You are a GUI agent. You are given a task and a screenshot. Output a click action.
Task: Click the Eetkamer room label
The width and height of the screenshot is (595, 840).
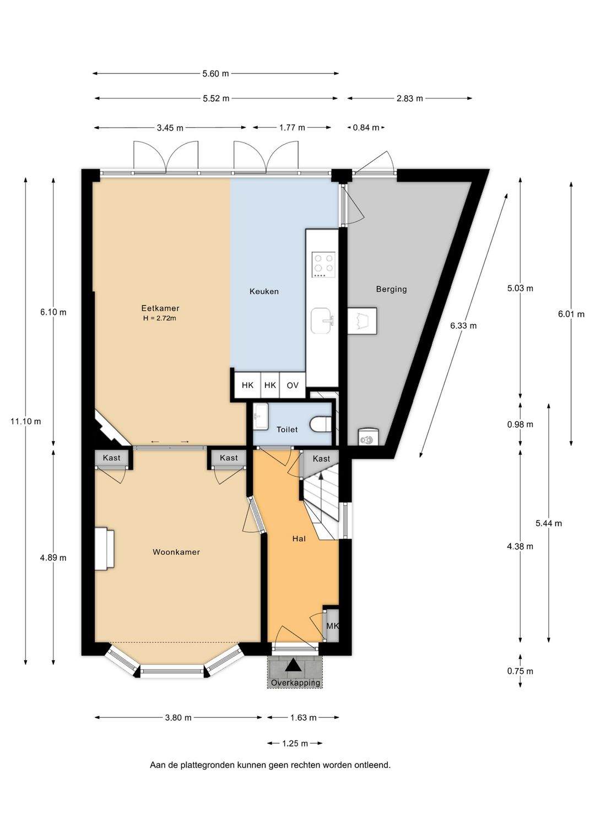160,308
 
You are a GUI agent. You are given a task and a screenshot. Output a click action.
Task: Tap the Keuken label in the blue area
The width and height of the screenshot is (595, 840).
264,291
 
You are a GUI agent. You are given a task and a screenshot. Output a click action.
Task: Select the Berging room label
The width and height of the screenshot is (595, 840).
391,289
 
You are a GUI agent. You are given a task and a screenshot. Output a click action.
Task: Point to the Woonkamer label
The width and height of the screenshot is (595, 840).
176,552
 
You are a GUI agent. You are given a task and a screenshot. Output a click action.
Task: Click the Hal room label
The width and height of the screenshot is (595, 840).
299,538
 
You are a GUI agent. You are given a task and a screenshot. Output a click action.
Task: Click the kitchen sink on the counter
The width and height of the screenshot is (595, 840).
322,320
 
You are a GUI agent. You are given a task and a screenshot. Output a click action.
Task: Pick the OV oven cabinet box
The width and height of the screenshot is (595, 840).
293,385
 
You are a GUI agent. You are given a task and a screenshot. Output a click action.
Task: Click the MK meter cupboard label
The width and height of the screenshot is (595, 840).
333,626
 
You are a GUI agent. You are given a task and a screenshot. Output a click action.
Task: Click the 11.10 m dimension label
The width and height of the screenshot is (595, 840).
25,421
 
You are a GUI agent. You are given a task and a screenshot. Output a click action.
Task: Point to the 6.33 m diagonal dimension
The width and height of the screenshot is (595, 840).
463,325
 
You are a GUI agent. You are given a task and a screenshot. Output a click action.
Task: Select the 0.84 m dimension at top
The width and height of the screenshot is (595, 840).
366,128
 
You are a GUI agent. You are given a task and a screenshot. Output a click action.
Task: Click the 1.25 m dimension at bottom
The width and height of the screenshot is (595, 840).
295,743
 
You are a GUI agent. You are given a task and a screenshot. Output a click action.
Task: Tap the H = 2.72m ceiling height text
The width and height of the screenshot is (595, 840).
160,318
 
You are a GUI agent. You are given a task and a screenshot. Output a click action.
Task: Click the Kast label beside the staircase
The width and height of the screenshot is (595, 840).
321,459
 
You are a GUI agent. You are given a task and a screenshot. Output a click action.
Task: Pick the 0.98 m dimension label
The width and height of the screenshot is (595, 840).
520,424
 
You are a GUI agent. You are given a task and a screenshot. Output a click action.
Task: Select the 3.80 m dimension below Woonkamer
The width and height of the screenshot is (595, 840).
178,718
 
